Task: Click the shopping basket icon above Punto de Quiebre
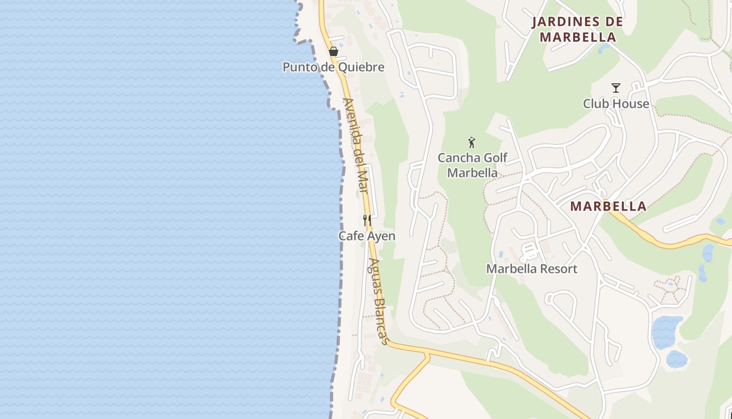pyautogui.click(x=333, y=51)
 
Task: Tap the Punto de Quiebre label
pyautogui.click(x=334, y=67)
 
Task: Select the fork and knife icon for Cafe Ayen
pyautogui.click(x=367, y=220)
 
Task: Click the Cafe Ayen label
pyautogui.click(x=367, y=236)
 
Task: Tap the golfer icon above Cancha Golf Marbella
pyautogui.click(x=472, y=142)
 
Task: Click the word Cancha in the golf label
pyautogui.click(x=458, y=158)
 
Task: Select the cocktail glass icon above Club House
pyautogui.click(x=616, y=88)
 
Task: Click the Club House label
pyautogui.click(x=616, y=104)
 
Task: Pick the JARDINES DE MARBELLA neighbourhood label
pyautogui.click(x=578, y=29)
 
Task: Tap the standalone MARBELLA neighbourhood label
pyautogui.click(x=608, y=206)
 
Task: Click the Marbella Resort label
pyautogui.click(x=532, y=269)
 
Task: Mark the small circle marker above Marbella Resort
pyautogui.click(x=523, y=260)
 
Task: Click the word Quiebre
pyautogui.click(x=364, y=67)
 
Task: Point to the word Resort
pyautogui.click(x=558, y=269)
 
